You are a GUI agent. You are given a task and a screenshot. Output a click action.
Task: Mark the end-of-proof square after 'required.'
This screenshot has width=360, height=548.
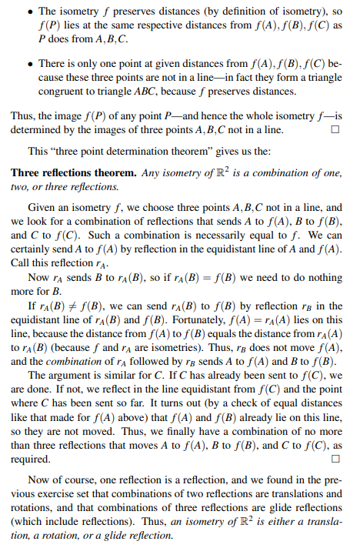coord(333,459)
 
